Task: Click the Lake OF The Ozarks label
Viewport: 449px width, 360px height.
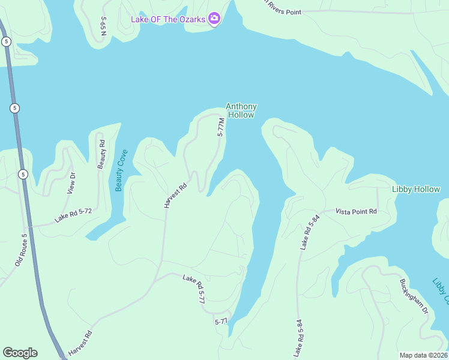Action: coord(169,19)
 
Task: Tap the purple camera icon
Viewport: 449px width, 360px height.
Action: coord(214,19)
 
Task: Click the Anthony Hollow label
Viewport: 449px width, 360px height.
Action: coord(241,110)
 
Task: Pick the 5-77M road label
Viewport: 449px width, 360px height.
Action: coord(221,127)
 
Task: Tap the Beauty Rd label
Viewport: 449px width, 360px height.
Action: coord(101,154)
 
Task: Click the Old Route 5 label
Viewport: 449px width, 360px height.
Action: coord(20,250)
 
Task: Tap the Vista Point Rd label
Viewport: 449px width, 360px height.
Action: coord(356,211)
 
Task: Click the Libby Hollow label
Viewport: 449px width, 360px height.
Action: coord(415,189)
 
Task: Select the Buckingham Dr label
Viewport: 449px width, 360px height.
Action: coord(414,296)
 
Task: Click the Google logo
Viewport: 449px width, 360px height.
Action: coord(20,353)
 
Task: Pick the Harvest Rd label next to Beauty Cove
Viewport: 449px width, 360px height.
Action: coord(175,196)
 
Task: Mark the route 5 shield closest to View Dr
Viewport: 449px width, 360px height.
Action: coord(22,175)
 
